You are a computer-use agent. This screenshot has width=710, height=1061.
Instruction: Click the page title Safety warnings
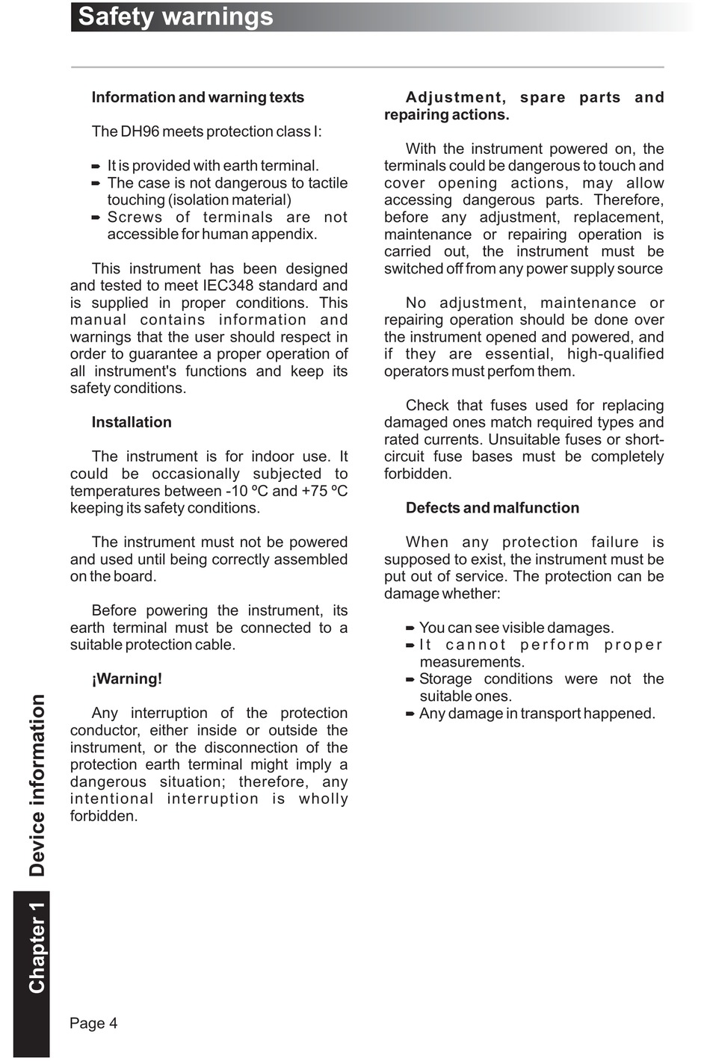176,16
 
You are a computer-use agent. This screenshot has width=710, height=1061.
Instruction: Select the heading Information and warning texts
197,97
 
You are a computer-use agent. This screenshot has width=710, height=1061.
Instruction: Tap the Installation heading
132,422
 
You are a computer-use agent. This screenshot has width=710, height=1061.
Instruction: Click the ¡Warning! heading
126,678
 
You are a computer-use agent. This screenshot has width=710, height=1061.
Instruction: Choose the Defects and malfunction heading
492,508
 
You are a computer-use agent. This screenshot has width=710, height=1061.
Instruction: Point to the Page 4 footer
93,1023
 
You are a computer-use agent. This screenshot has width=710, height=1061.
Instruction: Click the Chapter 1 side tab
36,948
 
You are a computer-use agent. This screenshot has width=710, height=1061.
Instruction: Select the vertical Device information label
36,785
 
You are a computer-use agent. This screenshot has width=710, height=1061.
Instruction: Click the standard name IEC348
228,285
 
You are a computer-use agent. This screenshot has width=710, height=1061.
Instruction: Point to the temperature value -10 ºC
247,491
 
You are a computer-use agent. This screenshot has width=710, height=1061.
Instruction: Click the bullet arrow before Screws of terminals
96,217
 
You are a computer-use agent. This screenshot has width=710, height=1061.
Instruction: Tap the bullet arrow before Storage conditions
410,679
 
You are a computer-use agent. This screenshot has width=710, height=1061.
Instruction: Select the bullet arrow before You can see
410,628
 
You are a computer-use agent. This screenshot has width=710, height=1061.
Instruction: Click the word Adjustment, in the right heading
455,97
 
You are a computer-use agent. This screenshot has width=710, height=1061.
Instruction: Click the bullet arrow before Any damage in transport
410,714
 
